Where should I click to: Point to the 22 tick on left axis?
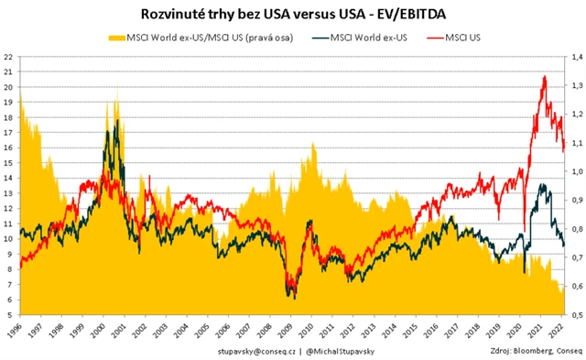click(8, 57)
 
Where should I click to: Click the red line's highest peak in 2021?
click(545, 77)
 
